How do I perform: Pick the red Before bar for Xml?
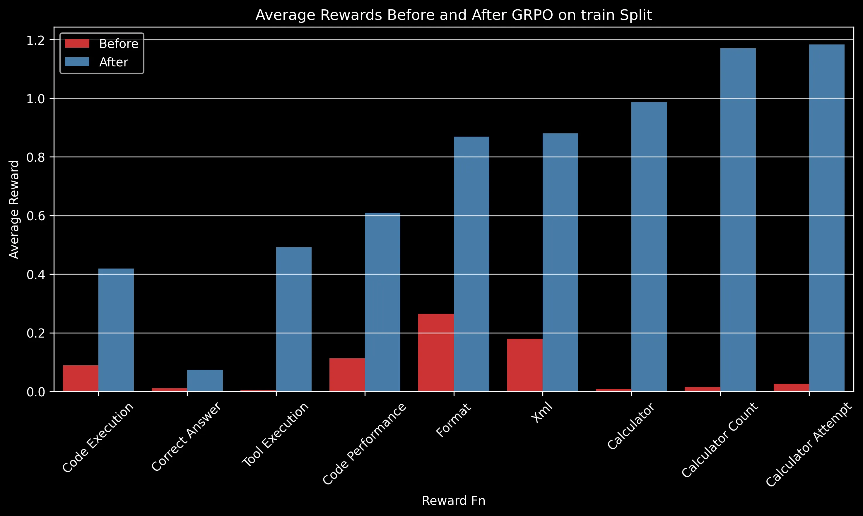click(x=525, y=365)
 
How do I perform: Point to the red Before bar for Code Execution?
click(x=80, y=378)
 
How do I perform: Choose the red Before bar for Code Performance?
click(x=347, y=375)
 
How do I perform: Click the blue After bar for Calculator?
click(x=649, y=247)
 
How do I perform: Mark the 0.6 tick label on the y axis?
click(x=36, y=216)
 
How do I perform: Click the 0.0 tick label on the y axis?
click(x=36, y=392)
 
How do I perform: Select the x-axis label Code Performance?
click(x=364, y=444)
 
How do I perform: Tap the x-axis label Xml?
click(x=542, y=413)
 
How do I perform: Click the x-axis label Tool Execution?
click(x=275, y=434)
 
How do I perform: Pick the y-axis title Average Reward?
click(x=14, y=210)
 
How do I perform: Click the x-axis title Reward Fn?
click(x=453, y=501)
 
